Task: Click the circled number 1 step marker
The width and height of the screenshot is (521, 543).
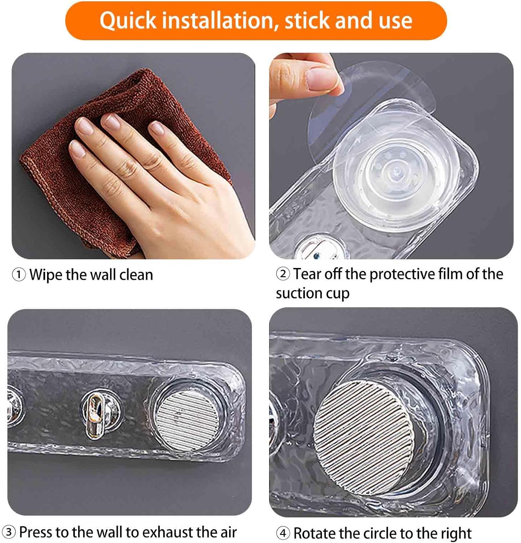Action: tap(19, 275)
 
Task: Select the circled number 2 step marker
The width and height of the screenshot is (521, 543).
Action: tap(283, 274)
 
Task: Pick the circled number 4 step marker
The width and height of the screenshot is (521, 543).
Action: tap(283, 533)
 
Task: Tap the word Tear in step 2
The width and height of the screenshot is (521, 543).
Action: tap(307, 274)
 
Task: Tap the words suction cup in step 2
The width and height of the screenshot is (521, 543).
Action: tap(312, 293)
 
